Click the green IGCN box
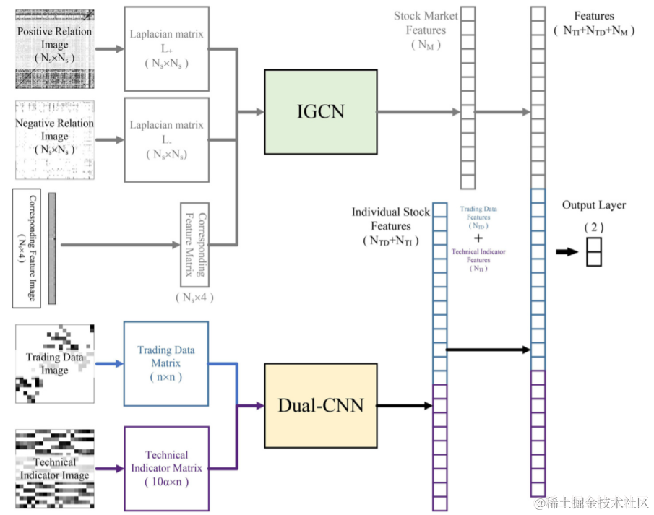click(x=320, y=111)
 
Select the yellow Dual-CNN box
click(x=320, y=404)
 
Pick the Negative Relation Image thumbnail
click(x=54, y=139)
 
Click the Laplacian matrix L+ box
click(x=166, y=48)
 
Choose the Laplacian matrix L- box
click(x=166, y=139)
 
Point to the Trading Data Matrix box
click(x=165, y=363)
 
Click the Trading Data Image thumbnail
click(x=54, y=363)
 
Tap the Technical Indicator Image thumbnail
click(x=54, y=468)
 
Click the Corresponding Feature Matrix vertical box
click(x=194, y=244)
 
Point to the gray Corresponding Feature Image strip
click(x=52, y=247)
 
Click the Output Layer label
click(x=594, y=206)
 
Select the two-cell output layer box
click(x=593, y=252)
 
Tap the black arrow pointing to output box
click(x=567, y=252)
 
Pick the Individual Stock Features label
click(x=391, y=225)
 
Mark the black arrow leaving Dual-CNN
click(x=405, y=405)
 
